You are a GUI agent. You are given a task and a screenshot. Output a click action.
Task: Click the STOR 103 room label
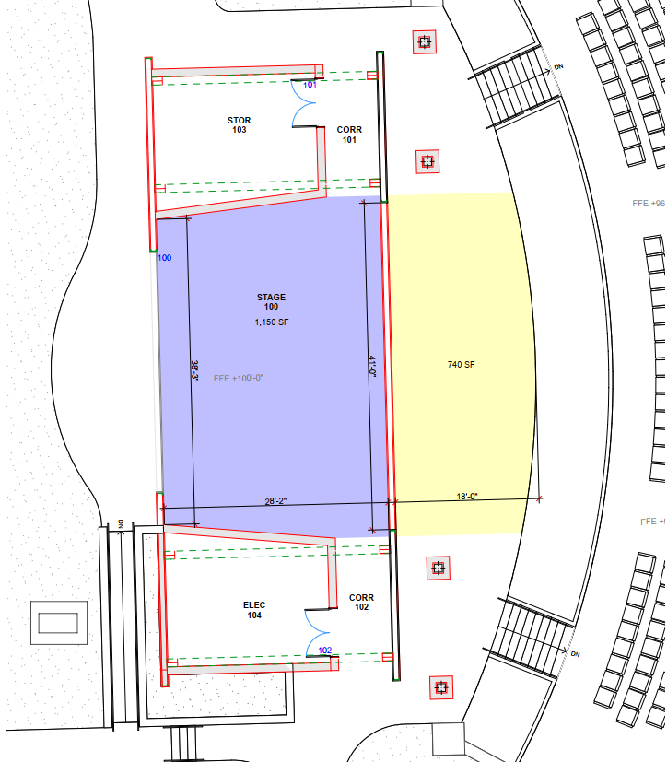(x=239, y=125)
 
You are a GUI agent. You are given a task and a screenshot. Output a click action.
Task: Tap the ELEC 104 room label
(x=254, y=610)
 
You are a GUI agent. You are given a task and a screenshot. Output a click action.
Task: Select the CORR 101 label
(x=349, y=135)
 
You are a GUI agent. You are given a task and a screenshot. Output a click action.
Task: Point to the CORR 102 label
(x=362, y=603)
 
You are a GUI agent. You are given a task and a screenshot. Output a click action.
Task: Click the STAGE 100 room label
(x=271, y=302)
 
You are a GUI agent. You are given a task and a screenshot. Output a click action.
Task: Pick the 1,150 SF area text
(x=272, y=322)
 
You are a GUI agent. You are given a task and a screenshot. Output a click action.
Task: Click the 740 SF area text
(x=461, y=365)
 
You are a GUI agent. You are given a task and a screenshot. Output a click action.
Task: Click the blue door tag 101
(x=310, y=85)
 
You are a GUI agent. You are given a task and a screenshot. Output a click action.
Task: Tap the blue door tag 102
(x=324, y=651)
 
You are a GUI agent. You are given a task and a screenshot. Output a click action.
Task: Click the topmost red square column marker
(x=424, y=41)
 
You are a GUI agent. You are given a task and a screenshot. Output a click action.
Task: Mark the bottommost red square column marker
(x=440, y=686)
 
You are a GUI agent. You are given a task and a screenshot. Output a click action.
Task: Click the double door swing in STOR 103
(x=306, y=103)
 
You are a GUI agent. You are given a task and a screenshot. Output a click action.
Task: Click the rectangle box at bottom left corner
(x=58, y=623)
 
